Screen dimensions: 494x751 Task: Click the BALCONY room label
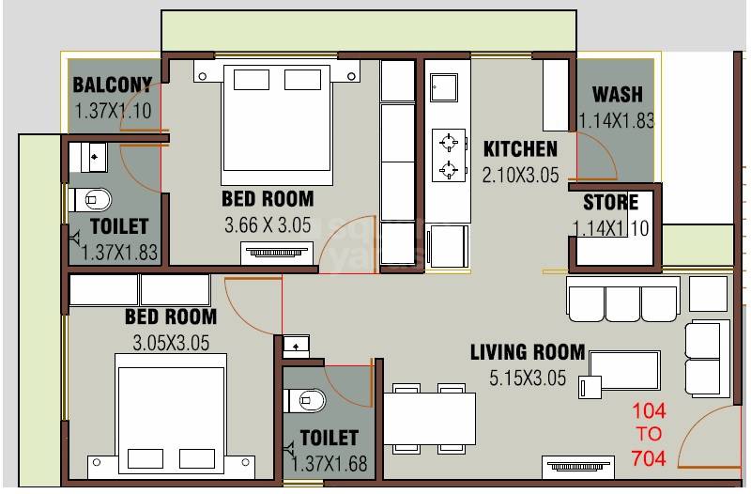(112, 85)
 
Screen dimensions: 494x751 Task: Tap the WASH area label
(618, 94)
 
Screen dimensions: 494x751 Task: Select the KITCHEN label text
(520, 149)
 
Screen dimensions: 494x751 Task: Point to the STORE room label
(610, 203)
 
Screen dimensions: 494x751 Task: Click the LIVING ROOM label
(527, 353)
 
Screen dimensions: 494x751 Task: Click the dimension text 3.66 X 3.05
(268, 225)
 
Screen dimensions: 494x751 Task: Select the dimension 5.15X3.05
(528, 378)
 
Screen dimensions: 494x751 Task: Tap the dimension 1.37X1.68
(330, 463)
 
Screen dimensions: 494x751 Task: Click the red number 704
(650, 458)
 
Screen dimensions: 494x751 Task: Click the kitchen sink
(443, 87)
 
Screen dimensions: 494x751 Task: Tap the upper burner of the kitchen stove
(450, 142)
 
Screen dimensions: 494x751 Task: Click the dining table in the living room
(429, 418)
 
